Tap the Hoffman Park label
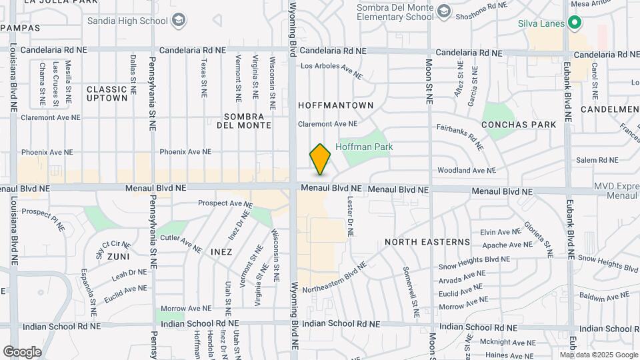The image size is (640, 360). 364,147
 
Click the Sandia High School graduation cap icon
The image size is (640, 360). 178,21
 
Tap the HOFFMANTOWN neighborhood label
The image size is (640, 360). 335,105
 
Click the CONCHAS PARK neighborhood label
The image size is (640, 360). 518,125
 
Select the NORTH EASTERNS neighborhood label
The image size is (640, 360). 427,242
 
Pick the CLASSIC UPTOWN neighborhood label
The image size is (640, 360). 107,93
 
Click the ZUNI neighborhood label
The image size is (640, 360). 117,255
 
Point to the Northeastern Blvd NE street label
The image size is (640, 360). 335,277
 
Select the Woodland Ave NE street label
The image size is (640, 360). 467,171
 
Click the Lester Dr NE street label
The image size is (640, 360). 350,215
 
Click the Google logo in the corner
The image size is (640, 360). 22,351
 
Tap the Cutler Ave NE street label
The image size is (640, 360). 181,241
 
